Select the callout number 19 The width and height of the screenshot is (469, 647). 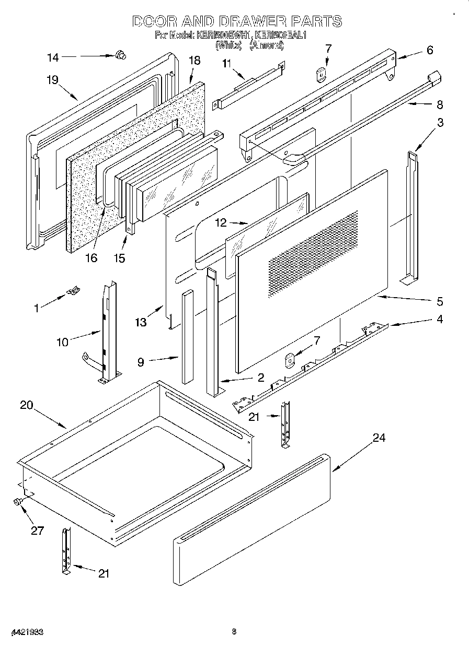click(52, 80)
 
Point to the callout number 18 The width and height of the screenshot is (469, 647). click(194, 61)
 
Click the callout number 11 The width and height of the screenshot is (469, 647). click(226, 64)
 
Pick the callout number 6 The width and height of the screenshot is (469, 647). click(430, 50)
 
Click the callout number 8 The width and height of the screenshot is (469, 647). click(439, 104)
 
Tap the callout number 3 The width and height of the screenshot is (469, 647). click(441, 123)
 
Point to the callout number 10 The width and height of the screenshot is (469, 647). click(63, 343)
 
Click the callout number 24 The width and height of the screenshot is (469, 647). click(379, 438)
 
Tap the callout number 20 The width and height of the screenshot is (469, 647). click(27, 405)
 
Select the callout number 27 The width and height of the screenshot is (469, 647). click(37, 531)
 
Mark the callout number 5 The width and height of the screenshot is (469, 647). click(440, 301)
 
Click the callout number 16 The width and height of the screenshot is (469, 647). click(91, 258)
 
